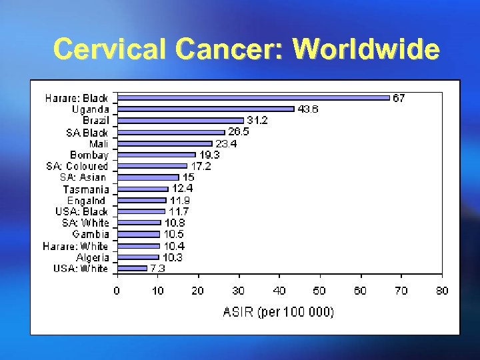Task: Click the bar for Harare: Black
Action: [253, 97]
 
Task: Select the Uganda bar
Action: [205, 109]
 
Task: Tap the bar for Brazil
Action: [180, 121]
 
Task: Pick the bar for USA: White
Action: [132, 269]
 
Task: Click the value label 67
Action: [398, 98]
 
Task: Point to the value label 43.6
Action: [307, 109]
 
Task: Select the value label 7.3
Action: [157, 269]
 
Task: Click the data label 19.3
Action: [209, 155]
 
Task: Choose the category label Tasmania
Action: [86, 189]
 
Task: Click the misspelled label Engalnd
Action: [86, 200]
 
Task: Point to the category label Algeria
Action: [92, 257]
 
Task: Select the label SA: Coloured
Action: [77, 166]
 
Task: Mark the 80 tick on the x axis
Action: [442, 291]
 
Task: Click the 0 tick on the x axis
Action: [117, 291]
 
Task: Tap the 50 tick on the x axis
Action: [320, 291]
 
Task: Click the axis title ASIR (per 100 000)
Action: [279, 311]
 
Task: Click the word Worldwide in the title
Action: [366, 49]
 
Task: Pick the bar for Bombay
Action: [156, 155]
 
